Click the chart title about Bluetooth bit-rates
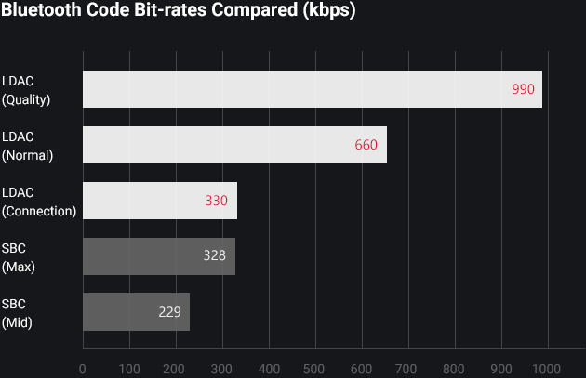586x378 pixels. [x=178, y=12]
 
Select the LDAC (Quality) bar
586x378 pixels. [x=312, y=89]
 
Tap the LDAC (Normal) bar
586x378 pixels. [x=234, y=145]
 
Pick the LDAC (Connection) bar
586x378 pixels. [x=159, y=201]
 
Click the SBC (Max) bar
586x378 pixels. [x=158, y=256]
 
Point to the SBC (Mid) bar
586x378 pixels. [x=136, y=312]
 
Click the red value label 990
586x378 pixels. [x=523, y=89]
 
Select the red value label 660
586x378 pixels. [x=366, y=145]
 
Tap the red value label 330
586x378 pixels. [x=217, y=201]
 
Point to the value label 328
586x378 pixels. [x=214, y=256]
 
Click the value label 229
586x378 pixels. [x=169, y=312]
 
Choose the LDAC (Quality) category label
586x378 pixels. [x=26, y=90]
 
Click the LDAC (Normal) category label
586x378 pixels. [x=28, y=146]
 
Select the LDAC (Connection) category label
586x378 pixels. [x=38, y=202]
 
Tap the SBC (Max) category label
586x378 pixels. [x=19, y=257]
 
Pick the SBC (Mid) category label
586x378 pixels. [x=18, y=313]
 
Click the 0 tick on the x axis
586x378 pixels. [x=83, y=368]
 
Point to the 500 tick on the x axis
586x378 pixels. [x=314, y=368]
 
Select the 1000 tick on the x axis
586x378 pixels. [x=546, y=368]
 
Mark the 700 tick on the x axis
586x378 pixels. [x=407, y=368]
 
